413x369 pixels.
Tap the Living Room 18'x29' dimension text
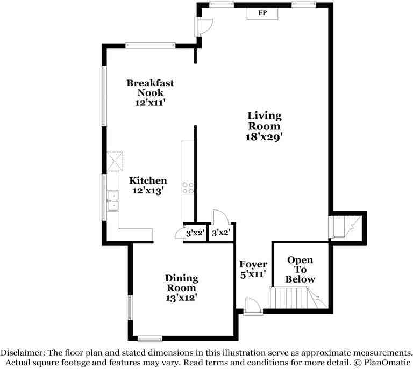point(264,137)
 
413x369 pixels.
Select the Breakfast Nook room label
point(150,88)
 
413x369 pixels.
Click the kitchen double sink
point(113,200)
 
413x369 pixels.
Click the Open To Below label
point(300,270)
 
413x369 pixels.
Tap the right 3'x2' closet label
point(220,234)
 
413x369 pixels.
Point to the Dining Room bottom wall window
point(149,338)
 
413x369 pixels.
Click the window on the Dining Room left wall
point(129,308)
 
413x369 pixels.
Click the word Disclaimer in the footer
point(23,353)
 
